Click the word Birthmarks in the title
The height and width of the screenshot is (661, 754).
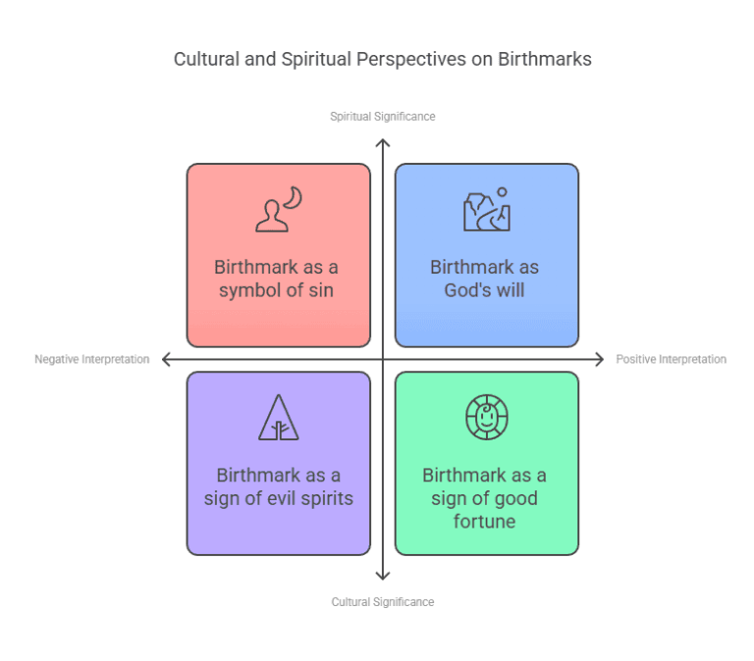544,59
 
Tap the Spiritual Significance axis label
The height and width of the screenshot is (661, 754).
382,117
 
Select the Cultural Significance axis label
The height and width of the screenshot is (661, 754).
382,602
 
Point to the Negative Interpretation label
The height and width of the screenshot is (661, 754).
92,359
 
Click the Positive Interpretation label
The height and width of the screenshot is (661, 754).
672,359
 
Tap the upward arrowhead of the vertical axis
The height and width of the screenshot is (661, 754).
383,142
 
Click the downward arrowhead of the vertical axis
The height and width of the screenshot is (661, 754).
383,576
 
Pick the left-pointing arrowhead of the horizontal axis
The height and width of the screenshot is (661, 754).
166,359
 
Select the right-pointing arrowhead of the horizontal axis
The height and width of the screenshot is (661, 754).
599,359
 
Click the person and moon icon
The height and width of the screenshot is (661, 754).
279,210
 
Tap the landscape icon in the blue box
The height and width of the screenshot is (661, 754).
487,210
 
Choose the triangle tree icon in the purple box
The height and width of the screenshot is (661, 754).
279,418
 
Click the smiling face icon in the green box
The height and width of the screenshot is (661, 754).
487,417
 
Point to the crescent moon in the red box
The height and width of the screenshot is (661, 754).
293,197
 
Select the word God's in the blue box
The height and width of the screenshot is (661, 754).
464,290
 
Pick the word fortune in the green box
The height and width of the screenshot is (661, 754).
484,521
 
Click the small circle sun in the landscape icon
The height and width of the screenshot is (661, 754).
502,192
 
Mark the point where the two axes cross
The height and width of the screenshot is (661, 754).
383,359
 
